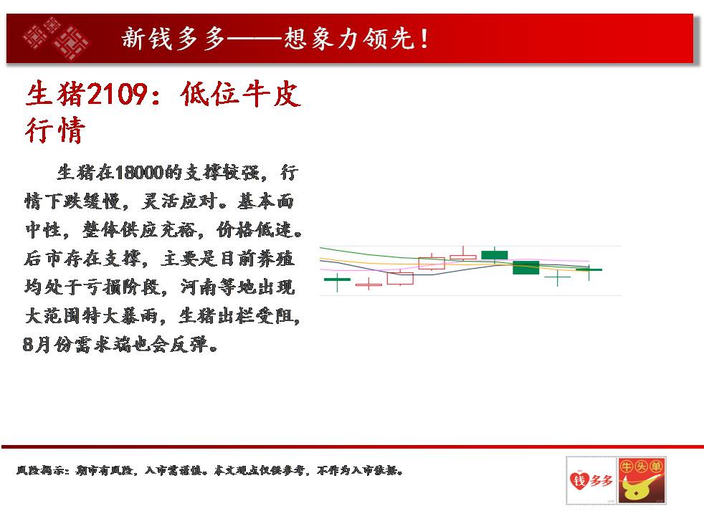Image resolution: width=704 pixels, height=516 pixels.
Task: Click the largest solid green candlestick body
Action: coord(525,267)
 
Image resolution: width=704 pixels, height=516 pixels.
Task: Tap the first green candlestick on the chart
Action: coord(337,280)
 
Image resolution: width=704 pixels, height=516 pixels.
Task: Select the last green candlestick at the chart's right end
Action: coord(589,270)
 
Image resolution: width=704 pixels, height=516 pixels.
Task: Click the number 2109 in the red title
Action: coord(117,94)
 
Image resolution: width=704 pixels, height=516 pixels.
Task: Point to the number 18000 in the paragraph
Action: coord(139,173)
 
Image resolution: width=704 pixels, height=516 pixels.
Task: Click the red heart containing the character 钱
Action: coord(579,481)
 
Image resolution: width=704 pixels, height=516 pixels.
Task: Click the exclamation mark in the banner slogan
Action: coord(424,39)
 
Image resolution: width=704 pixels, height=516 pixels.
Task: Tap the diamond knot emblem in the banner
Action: coord(56,39)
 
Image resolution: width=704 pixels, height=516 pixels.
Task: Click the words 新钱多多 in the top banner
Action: coord(173,39)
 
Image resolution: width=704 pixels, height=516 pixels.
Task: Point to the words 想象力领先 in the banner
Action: coord(349,39)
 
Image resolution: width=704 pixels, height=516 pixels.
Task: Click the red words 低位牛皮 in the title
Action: coord(240,94)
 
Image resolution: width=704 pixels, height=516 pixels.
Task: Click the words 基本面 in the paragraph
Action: coord(266,201)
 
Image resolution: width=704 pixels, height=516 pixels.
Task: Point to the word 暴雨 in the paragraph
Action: coord(139,316)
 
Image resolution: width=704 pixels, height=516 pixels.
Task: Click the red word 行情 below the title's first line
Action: coord(54,130)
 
